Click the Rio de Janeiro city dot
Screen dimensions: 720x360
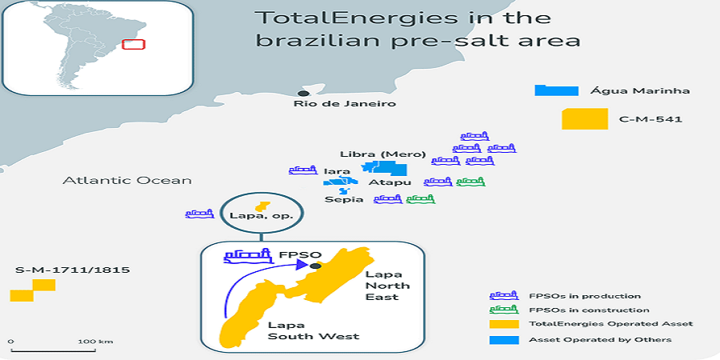click(x=303, y=94)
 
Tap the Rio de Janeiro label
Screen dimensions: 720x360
click(x=344, y=104)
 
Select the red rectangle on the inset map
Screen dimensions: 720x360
click(x=134, y=45)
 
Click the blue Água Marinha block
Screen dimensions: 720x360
click(x=557, y=90)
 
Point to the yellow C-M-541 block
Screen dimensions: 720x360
click(x=585, y=119)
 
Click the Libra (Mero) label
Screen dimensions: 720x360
click(x=383, y=154)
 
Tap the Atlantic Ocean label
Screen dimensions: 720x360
click(x=126, y=181)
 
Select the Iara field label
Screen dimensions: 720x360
click(x=337, y=171)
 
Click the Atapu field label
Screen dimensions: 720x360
click(x=383, y=182)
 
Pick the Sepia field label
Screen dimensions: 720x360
click(x=344, y=199)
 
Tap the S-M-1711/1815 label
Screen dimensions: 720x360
click(x=72, y=270)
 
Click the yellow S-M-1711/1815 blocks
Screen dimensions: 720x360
click(x=33, y=290)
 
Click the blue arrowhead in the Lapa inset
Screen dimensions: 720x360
click(x=302, y=264)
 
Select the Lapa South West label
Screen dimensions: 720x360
click(x=314, y=330)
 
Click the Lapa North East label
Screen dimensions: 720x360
click(x=382, y=286)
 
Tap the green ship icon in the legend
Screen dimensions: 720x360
click(x=504, y=310)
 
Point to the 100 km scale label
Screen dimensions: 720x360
click(x=95, y=342)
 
